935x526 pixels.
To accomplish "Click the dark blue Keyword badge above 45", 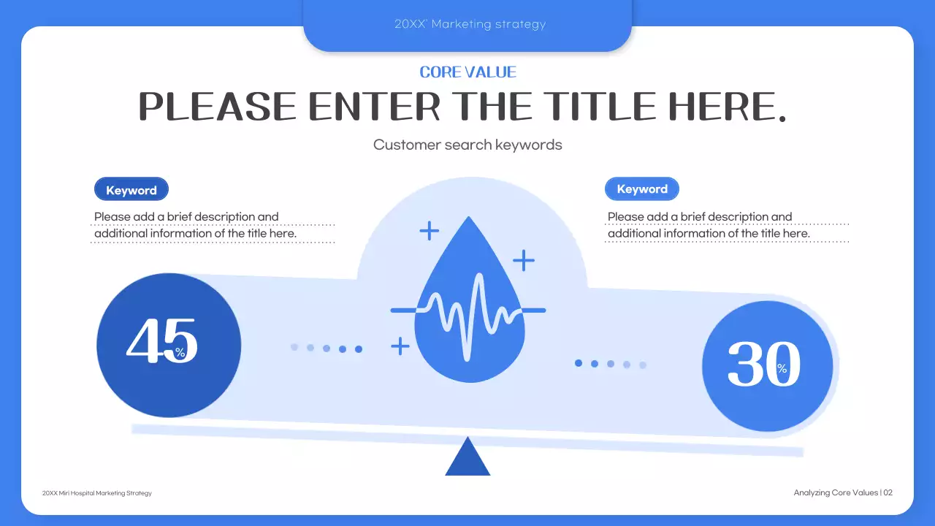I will pyautogui.click(x=131, y=190).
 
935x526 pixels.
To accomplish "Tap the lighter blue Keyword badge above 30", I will pyautogui.click(x=642, y=189).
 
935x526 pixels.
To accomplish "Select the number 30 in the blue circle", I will pyautogui.click(x=763, y=365).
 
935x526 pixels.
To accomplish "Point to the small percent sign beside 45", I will pyautogui.click(x=180, y=353).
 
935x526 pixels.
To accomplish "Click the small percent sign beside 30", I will pyautogui.click(x=782, y=369).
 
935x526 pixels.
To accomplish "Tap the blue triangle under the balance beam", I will pyautogui.click(x=467, y=459).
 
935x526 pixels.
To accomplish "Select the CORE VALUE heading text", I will pyautogui.click(x=467, y=72).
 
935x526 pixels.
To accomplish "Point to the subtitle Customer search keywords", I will pyautogui.click(x=467, y=145).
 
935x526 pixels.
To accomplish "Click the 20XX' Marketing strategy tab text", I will pyautogui.click(x=470, y=24).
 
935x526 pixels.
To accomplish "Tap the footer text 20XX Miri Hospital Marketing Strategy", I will pyautogui.click(x=97, y=493).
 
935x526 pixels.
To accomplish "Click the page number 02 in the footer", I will pyautogui.click(x=888, y=493).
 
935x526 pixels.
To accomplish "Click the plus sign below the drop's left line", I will pyautogui.click(x=400, y=346).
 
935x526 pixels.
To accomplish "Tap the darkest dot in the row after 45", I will pyautogui.click(x=359, y=349).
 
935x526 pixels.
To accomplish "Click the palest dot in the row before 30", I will pyautogui.click(x=643, y=365).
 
